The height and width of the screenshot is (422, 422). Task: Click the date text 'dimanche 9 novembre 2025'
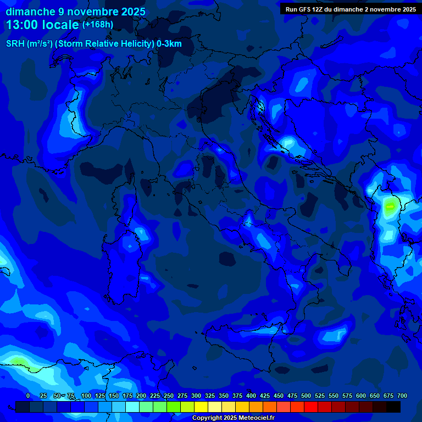(x=75, y=12)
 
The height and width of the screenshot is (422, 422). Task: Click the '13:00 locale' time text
(x=43, y=25)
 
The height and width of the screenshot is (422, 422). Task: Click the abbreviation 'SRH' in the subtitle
(x=15, y=44)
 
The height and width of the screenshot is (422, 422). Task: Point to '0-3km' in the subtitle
(x=169, y=44)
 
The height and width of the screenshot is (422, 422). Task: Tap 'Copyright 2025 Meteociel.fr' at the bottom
(x=233, y=418)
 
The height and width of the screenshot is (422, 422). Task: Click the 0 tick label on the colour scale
(x=28, y=396)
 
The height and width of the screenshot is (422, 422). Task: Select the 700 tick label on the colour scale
(x=402, y=396)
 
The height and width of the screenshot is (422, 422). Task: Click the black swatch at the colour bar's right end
(x=393, y=407)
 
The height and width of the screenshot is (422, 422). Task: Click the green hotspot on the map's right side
(x=391, y=207)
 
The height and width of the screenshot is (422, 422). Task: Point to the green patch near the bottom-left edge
(x=19, y=362)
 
